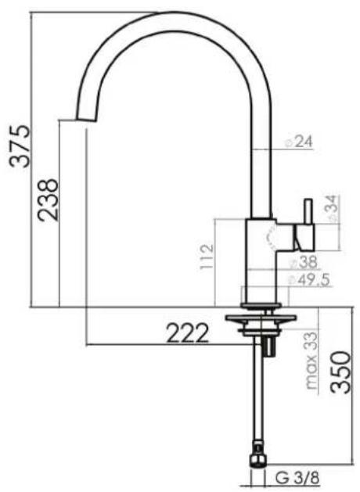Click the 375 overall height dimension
pos(20,146)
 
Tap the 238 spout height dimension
pos(48,200)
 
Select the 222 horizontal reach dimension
pos(187,333)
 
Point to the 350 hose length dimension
pos(340,372)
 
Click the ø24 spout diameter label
pos(299,142)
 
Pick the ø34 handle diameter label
pos(333,209)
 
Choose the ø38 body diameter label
pos(304,262)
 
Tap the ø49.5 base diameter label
pos(309,280)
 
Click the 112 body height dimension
pos(207,257)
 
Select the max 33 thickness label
pos(311,361)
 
